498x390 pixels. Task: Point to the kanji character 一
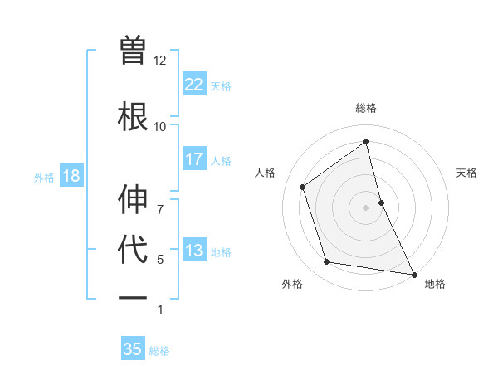click(x=134, y=296)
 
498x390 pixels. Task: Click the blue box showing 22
click(x=194, y=84)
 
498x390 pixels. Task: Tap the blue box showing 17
click(x=194, y=159)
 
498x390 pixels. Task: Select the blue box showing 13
click(x=194, y=251)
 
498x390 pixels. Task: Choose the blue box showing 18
click(x=71, y=176)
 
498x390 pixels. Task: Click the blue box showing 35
click(x=133, y=349)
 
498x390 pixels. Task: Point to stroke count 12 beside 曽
click(x=159, y=61)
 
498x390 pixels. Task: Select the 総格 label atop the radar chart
click(x=366, y=108)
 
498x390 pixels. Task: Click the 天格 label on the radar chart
click(x=466, y=173)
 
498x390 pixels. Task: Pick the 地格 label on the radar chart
click(x=435, y=285)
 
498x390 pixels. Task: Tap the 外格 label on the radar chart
click(x=292, y=285)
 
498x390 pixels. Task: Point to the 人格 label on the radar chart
click(x=266, y=173)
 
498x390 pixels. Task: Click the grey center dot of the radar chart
click(x=366, y=207)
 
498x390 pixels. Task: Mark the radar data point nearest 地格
click(x=413, y=273)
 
